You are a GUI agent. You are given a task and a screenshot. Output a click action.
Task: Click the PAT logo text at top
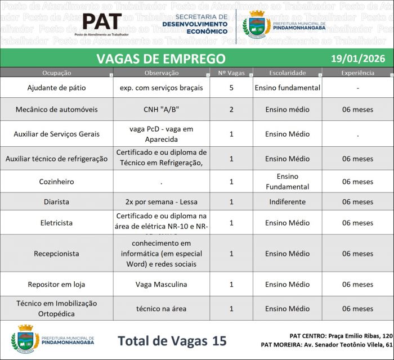tap(102, 22)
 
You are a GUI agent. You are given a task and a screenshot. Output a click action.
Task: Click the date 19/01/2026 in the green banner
tap(354, 58)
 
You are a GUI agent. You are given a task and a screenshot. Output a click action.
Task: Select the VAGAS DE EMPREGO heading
tap(161, 58)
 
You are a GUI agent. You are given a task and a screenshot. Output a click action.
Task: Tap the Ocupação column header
tap(56, 73)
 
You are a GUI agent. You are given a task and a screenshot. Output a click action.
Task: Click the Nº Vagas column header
tap(231, 73)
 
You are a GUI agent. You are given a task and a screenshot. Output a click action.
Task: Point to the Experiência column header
tap(357, 73)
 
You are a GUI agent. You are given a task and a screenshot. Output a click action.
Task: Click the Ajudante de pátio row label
tap(56, 88)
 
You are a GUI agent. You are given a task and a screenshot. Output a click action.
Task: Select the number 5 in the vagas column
tap(231, 88)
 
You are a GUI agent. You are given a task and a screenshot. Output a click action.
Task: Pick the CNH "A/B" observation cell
tap(160, 109)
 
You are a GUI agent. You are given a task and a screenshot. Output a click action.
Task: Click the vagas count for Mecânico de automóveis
tap(231, 109)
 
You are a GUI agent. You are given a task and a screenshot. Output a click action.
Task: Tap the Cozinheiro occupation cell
tap(56, 182)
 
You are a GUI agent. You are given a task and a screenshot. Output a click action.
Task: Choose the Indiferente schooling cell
tap(287, 202)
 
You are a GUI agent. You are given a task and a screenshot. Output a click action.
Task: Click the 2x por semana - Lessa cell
tap(160, 202)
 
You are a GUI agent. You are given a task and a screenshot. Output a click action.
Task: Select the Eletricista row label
tap(56, 223)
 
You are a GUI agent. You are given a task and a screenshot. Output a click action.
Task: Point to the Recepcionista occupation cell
tap(56, 254)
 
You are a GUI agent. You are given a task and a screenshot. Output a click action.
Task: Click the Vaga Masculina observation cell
tap(160, 285)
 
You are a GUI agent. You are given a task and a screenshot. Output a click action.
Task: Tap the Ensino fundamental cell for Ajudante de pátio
tap(287, 88)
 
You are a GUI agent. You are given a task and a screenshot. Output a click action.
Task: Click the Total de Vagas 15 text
tap(172, 340)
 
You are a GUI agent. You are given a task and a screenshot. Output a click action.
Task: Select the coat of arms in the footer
tap(25, 340)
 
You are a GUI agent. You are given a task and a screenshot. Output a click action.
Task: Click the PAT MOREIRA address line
tap(326, 344)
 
